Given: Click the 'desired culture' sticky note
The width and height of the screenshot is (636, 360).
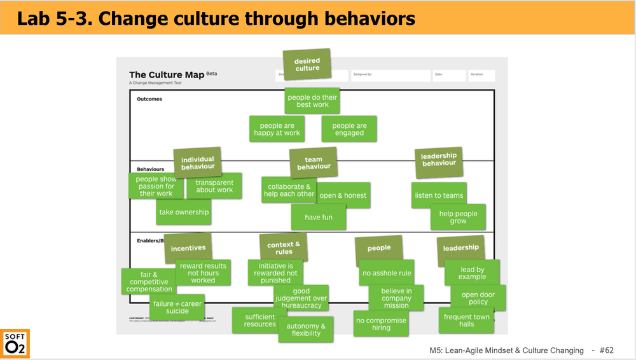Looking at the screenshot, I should [x=307, y=65].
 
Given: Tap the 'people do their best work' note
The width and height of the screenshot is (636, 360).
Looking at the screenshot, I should [x=312, y=100].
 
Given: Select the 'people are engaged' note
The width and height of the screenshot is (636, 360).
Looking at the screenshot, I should [x=349, y=129].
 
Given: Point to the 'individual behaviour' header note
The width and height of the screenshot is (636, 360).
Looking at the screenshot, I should [x=198, y=163].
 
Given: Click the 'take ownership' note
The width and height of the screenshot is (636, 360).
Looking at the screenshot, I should [x=184, y=212].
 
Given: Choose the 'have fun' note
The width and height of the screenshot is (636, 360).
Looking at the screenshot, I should [x=318, y=218].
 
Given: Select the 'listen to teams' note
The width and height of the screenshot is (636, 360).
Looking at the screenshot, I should [x=439, y=195].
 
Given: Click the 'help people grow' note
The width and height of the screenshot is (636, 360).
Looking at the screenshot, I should [x=458, y=218].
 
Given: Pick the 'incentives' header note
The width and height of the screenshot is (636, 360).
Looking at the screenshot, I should [x=188, y=248].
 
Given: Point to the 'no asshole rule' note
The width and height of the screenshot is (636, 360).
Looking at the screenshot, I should [x=387, y=273].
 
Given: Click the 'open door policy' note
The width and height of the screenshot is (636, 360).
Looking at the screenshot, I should [x=478, y=298].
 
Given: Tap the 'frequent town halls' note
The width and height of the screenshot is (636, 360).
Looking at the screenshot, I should [x=466, y=321].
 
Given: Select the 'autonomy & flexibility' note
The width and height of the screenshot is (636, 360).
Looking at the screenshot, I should [x=306, y=329].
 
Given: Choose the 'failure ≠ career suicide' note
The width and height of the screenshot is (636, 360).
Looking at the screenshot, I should [x=177, y=307].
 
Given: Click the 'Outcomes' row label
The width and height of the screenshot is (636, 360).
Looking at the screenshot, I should [x=149, y=99].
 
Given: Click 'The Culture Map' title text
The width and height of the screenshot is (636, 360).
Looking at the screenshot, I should [x=167, y=75].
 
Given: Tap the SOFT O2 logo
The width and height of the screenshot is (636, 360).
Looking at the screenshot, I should [x=15, y=343].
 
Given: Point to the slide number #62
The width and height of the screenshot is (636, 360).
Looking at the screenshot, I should [x=606, y=350].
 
